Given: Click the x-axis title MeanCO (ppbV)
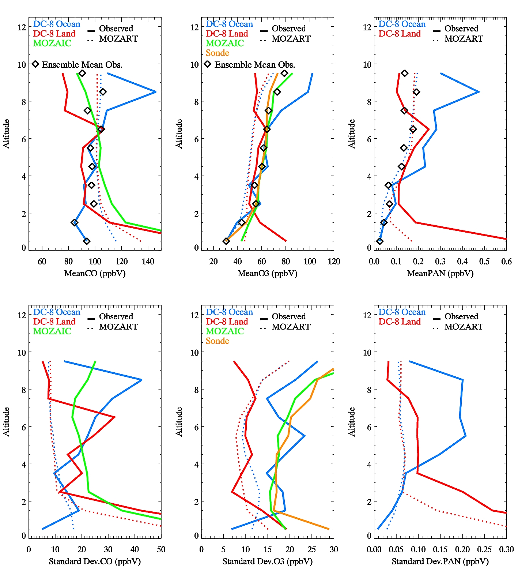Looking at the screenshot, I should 95,273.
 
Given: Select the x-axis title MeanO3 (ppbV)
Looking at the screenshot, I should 267,273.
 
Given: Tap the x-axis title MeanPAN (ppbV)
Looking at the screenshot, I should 440,273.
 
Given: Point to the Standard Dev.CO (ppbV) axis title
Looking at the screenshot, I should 95,561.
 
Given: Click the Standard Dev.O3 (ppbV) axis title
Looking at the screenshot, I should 267,561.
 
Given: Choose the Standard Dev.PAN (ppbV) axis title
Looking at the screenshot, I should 440,561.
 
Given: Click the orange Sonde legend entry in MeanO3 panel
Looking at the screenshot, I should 218,53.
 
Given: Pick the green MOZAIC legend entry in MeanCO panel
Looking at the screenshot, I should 52,43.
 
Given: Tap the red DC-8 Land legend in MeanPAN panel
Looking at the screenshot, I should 400,34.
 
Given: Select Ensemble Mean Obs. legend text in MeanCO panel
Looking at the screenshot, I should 82,65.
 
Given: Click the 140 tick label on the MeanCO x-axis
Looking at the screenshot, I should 148,261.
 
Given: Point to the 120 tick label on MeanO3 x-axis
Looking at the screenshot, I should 334,261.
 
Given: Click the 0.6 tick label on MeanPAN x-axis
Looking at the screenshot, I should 506,261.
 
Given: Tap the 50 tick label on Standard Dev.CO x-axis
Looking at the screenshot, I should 161,549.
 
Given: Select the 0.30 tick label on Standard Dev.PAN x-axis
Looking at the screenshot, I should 506,549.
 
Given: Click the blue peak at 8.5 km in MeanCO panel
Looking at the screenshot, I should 156,92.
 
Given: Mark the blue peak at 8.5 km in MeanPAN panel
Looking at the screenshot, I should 479,92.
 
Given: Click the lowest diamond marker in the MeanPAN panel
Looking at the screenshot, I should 380,241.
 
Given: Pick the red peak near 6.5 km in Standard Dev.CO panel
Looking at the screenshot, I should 115,417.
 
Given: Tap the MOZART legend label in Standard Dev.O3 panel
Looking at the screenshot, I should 291,327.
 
